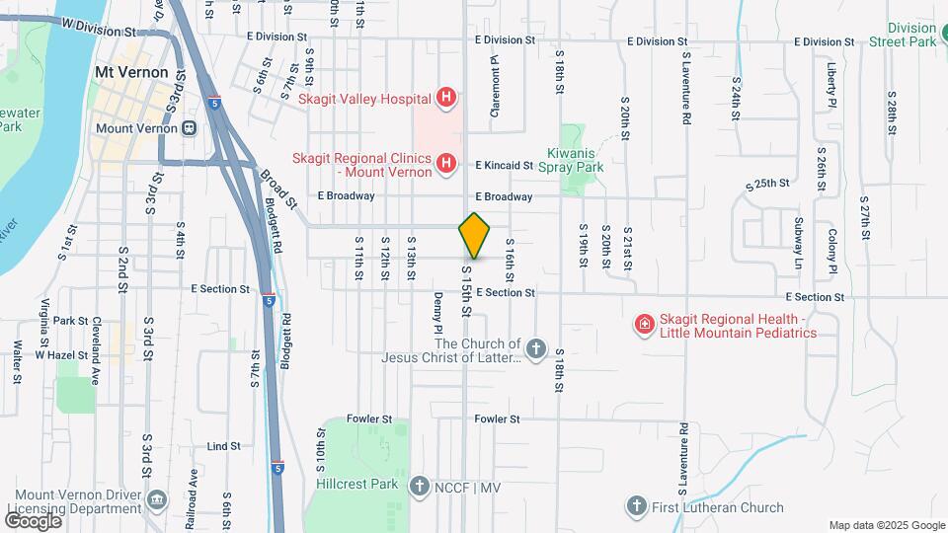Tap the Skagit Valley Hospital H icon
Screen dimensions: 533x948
pyautogui.click(x=446, y=98)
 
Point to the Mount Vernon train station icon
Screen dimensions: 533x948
pyautogui.click(x=188, y=127)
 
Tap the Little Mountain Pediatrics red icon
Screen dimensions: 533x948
pyautogui.click(x=644, y=324)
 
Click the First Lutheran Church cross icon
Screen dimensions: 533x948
pyautogui.click(x=637, y=507)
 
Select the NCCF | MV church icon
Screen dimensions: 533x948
pyautogui.click(x=420, y=485)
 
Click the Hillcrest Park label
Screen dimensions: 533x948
pyautogui.click(x=357, y=485)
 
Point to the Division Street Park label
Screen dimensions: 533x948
pyautogui.click(x=910, y=35)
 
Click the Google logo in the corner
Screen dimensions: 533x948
pyautogui.click(x=33, y=520)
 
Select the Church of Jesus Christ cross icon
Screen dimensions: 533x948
pyautogui.click(x=535, y=348)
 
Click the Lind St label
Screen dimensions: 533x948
pyautogui.click(x=225, y=446)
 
